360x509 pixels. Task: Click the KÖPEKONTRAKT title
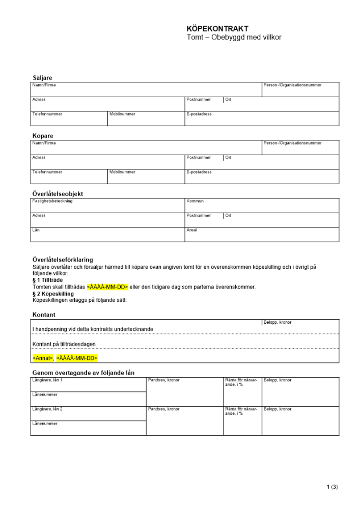pyautogui.click(x=217, y=29)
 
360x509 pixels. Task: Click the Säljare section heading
pyautogui.click(x=42, y=78)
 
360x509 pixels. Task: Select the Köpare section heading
pyautogui.click(x=43, y=136)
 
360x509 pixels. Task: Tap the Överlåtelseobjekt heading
pyautogui.click(x=58, y=194)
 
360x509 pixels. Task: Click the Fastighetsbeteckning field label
pyautogui.click(x=52, y=201)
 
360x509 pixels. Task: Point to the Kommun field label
pyautogui.click(x=195, y=201)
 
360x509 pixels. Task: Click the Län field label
pyautogui.click(x=36, y=230)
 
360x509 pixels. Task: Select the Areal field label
pyautogui.click(x=191, y=230)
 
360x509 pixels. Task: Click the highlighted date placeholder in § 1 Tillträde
pyautogui.click(x=107, y=287)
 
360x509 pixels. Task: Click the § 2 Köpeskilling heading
pyautogui.click(x=52, y=294)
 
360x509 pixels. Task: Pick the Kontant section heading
pyautogui.click(x=44, y=315)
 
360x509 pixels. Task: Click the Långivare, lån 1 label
pyautogui.click(x=47, y=380)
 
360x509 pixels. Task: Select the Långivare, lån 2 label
pyautogui.click(x=47, y=409)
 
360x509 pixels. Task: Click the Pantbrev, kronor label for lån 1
pyautogui.click(x=163, y=380)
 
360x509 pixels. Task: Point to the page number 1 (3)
pyautogui.click(x=332, y=487)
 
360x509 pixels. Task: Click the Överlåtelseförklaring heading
pyautogui.click(x=63, y=260)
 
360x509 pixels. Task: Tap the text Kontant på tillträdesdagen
pyautogui.click(x=64, y=344)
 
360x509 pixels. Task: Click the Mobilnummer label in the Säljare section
pyautogui.click(x=122, y=114)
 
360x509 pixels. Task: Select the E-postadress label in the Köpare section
pyautogui.click(x=199, y=172)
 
